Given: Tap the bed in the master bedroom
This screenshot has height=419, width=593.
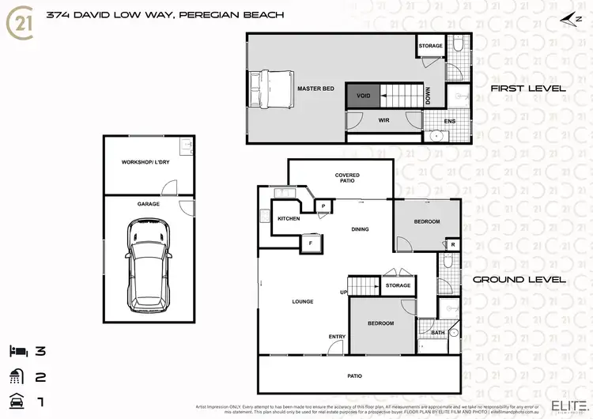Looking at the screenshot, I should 268,88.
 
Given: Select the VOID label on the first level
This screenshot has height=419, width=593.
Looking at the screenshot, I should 363,96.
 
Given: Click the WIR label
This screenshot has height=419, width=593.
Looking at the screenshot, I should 383,121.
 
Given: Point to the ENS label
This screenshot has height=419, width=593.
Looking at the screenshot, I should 450,121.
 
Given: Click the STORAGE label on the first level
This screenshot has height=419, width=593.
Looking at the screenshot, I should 430,46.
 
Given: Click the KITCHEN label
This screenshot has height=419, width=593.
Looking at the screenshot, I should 289,218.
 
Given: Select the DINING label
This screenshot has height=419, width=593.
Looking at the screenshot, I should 360,229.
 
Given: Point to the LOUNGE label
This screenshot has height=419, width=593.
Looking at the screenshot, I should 302,301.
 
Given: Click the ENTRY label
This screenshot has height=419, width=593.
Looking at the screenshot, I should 337,337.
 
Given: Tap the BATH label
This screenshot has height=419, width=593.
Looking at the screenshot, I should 437,333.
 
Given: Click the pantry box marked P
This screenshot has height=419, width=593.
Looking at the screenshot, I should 323,206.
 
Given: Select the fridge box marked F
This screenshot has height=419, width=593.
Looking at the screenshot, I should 310,243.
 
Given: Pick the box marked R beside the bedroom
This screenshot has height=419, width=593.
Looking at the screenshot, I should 451,245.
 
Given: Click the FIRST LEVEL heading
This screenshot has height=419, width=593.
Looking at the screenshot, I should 527,89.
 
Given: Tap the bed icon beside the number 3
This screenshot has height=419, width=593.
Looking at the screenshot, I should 18,349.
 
